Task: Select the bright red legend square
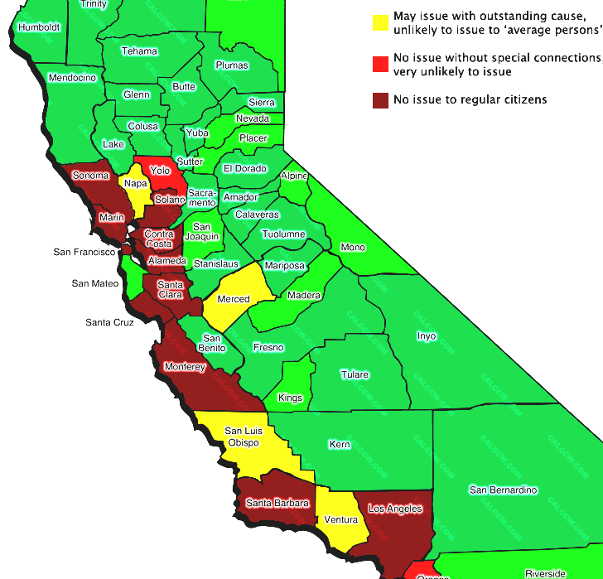coord(380,62)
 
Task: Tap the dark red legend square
coord(380,100)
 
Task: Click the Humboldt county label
coord(39,27)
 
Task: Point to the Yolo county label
coord(161,171)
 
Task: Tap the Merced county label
coord(234,299)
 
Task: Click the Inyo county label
coord(426,336)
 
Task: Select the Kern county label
coord(340,445)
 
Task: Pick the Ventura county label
coord(341,519)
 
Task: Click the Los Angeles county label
coord(395,509)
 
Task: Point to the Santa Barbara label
coord(277,503)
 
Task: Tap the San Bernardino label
coord(504,490)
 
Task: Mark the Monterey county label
coord(185,367)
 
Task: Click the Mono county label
coord(353,248)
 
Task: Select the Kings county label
coord(291,398)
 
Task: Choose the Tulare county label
coord(355,374)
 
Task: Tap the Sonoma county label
coord(90,176)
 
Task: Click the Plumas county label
coord(231,65)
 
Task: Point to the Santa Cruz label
coord(109,322)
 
